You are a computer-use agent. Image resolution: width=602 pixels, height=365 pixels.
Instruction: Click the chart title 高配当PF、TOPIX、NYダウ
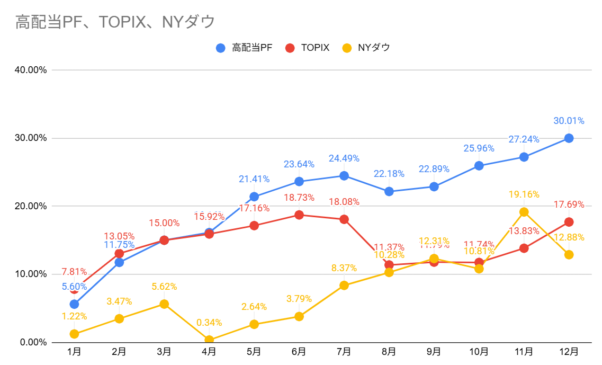tap(115, 22)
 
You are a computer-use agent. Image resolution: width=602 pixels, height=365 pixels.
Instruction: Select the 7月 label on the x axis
tap(344, 351)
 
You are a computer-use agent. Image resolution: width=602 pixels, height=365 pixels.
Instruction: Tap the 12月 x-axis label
tap(569, 351)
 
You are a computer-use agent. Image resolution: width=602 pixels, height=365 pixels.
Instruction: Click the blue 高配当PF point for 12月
tap(569, 138)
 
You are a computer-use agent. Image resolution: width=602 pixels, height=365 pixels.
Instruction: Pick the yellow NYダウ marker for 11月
tap(524, 212)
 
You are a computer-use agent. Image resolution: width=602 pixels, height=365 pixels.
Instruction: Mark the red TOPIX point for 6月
tap(299, 215)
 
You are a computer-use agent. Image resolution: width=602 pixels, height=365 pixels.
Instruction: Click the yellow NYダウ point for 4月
tap(209, 340)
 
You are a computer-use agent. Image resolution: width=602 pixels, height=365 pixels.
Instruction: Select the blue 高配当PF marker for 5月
tap(254, 197)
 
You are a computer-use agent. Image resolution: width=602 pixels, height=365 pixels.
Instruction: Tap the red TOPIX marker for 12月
tap(569, 222)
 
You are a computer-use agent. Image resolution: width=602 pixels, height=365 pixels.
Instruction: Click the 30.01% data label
tap(569, 121)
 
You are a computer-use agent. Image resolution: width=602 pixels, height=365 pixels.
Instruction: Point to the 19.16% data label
tap(524, 194)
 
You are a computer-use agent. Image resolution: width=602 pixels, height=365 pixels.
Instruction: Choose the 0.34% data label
tap(209, 323)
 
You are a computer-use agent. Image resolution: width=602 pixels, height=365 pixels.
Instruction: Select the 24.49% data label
tap(344, 158)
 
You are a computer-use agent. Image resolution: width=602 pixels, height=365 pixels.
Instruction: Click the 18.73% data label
tap(299, 198)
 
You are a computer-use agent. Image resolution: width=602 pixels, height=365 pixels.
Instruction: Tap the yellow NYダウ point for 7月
tap(344, 286)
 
